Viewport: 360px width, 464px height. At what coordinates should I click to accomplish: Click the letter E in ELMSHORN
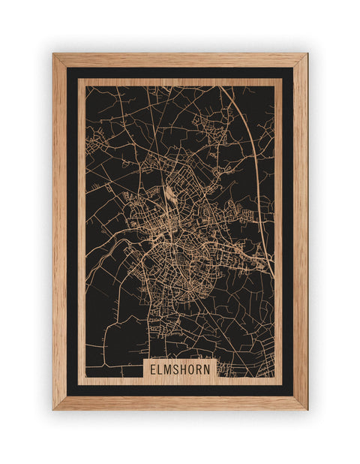point(153,369)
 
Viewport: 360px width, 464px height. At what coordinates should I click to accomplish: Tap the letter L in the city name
point(160,369)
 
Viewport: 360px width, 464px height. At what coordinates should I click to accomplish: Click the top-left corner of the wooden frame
point(54,55)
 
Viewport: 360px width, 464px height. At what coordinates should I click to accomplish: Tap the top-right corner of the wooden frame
point(306,55)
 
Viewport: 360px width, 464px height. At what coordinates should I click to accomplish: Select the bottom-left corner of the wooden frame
point(54,408)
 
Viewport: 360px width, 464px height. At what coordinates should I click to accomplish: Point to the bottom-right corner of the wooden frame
point(306,408)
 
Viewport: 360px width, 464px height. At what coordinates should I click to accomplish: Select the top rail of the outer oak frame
point(180,60)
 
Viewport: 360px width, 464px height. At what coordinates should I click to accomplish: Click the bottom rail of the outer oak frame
point(180,402)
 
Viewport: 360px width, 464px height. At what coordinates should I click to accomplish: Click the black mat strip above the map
point(180,73)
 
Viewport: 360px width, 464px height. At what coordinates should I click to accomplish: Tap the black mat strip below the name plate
point(180,390)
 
